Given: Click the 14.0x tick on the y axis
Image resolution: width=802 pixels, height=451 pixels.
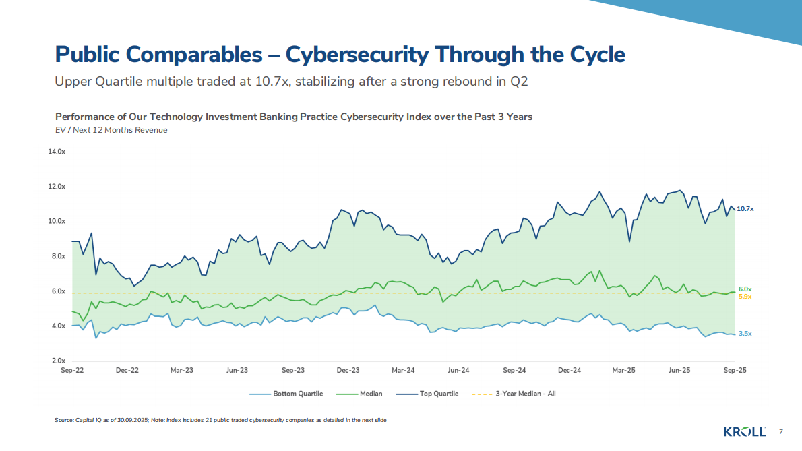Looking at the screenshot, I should tap(57, 152).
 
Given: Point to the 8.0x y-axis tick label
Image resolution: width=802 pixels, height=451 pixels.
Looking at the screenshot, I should tap(59, 256).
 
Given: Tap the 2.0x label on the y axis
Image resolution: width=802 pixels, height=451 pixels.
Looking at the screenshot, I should tap(59, 361).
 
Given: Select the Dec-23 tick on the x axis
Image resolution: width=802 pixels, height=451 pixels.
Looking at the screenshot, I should tap(348, 371).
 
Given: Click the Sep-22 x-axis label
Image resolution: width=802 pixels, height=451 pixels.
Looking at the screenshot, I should tap(71, 371).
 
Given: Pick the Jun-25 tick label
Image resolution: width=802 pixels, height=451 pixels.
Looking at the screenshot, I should tap(679, 371).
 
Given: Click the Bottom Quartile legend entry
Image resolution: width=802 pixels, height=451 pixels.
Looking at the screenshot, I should tap(297, 394).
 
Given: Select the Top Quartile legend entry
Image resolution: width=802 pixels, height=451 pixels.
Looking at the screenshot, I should tap(439, 394).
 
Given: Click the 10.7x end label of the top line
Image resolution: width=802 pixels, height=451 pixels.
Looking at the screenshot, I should tap(745, 209).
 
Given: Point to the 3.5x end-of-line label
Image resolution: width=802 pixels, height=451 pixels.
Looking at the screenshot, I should tap(745, 334).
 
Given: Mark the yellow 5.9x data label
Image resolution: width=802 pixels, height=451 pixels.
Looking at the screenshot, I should tap(745, 297).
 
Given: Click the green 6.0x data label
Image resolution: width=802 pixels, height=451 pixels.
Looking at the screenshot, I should tap(745, 289).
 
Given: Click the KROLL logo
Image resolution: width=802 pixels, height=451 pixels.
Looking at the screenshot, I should tap(745, 431).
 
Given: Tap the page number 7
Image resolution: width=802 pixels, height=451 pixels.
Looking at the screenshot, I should tap(781, 431).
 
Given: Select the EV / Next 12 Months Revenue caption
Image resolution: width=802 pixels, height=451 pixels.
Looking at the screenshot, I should tap(111, 130).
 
